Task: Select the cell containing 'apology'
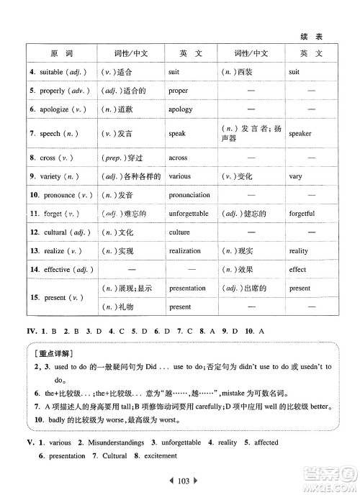pyautogui.click(x=180, y=109)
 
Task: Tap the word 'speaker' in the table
pyautogui.click(x=300, y=133)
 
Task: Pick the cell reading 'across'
pyautogui.click(x=179, y=157)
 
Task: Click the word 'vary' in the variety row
pyautogui.click(x=295, y=176)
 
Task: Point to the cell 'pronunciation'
pyautogui.click(x=189, y=194)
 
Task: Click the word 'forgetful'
pyautogui.click(x=302, y=214)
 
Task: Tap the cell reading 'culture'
pyautogui.click(x=179, y=232)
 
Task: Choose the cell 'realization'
pyautogui.click(x=185, y=251)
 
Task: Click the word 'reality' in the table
pyautogui.click(x=298, y=251)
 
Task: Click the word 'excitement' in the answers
pyautogui.click(x=156, y=456)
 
